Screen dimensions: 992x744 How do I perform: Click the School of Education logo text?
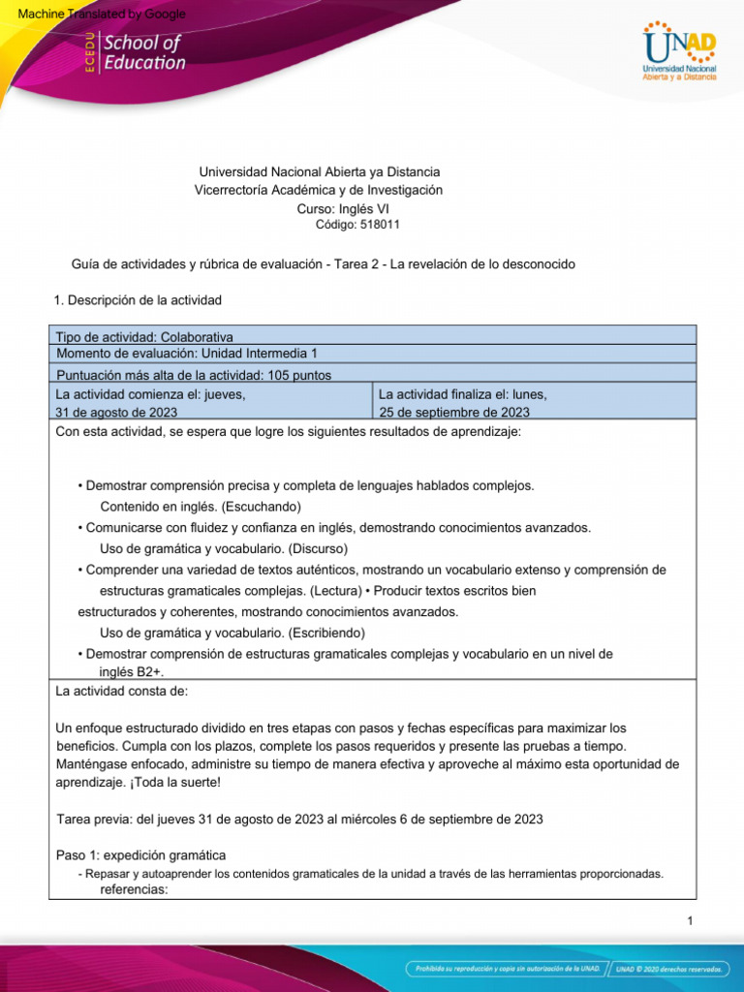tap(143, 52)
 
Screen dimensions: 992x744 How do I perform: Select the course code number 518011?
tap(379, 225)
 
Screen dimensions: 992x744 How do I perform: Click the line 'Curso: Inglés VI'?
tap(343, 208)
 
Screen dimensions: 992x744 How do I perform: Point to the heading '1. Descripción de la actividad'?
tap(139, 300)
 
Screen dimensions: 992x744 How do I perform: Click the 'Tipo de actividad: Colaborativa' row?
tap(144, 336)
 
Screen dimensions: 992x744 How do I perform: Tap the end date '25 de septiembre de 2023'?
tap(454, 412)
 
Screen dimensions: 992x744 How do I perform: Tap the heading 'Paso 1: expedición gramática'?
tap(141, 855)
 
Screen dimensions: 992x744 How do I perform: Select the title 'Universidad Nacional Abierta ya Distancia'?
tap(319, 171)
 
